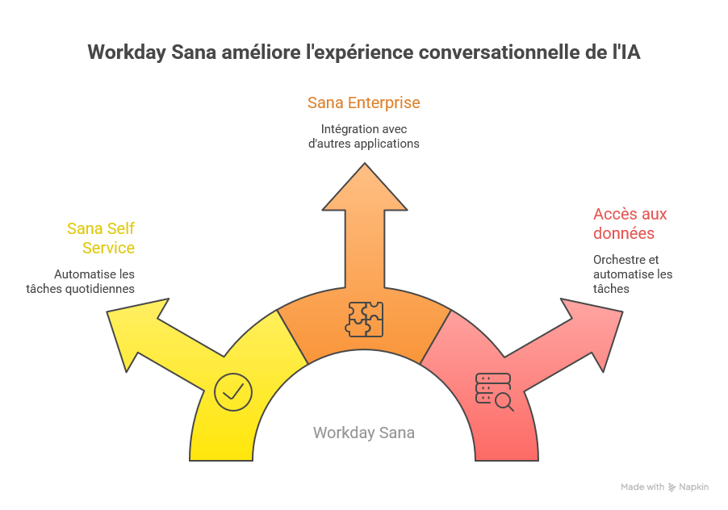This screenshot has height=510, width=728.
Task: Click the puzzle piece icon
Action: click(x=364, y=319)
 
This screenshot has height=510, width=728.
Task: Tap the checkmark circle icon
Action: click(x=233, y=392)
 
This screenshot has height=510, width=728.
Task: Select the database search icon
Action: click(x=494, y=391)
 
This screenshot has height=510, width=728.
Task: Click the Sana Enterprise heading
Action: click(x=363, y=103)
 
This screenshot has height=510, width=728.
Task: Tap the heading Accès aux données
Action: click(x=630, y=224)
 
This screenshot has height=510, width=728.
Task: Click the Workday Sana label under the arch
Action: click(x=364, y=433)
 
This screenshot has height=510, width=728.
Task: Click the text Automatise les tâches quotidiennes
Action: click(x=94, y=281)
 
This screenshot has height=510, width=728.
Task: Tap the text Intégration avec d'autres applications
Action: click(x=363, y=136)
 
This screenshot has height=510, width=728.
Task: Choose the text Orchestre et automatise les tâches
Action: click(x=632, y=274)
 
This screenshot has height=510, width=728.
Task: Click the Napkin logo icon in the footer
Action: click(x=672, y=487)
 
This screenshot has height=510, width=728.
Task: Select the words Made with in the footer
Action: click(x=642, y=487)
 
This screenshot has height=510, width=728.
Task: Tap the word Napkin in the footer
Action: click(x=694, y=487)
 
